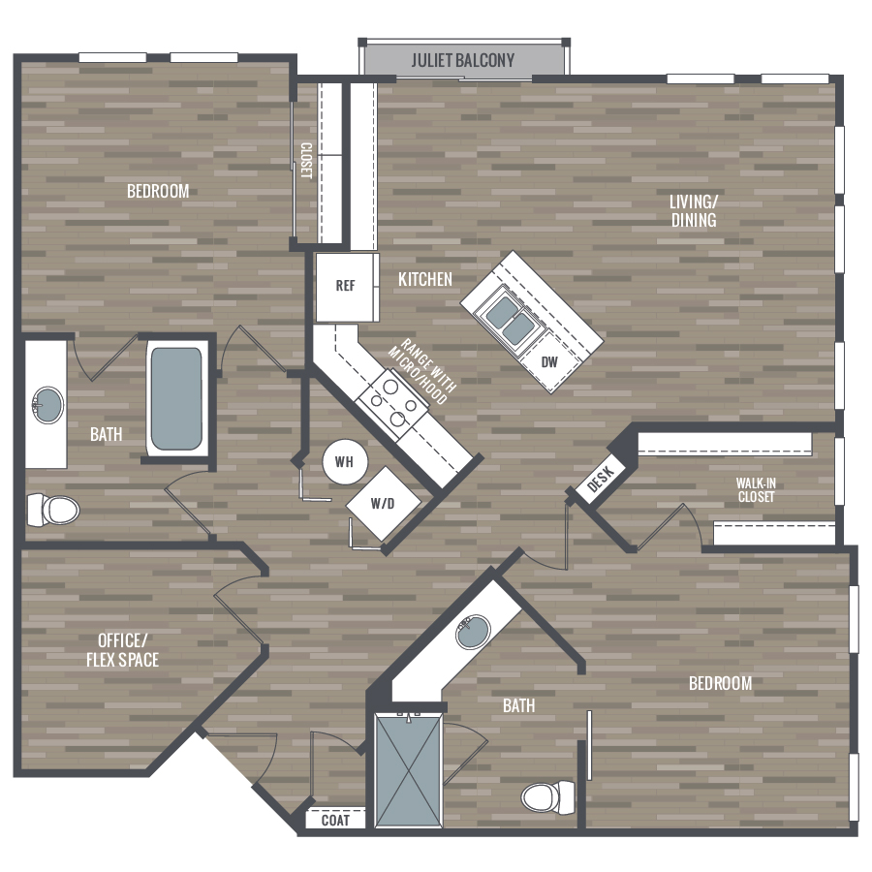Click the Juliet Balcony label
click(463, 60)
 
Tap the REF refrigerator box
click(347, 287)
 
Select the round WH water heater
click(345, 461)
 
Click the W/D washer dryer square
click(383, 503)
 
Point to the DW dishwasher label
click(549, 362)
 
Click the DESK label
click(601, 479)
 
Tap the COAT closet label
click(335, 821)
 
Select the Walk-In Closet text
click(756, 490)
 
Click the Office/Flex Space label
click(122, 649)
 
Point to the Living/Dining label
click(694, 211)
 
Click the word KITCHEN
click(425, 279)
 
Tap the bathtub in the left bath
click(176, 399)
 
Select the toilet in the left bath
click(53, 510)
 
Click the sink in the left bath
click(47, 405)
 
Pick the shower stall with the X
click(409, 770)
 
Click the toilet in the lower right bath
click(548, 797)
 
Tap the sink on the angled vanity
click(473, 632)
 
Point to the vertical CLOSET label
click(306, 161)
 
